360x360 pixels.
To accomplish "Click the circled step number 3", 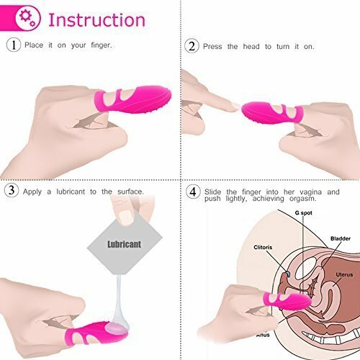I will click(x=12, y=192).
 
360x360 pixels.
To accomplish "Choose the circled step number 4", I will click(x=192, y=192).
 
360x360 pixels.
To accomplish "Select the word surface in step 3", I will click(x=129, y=192).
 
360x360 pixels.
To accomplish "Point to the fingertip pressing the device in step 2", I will click(x=229, y=107).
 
